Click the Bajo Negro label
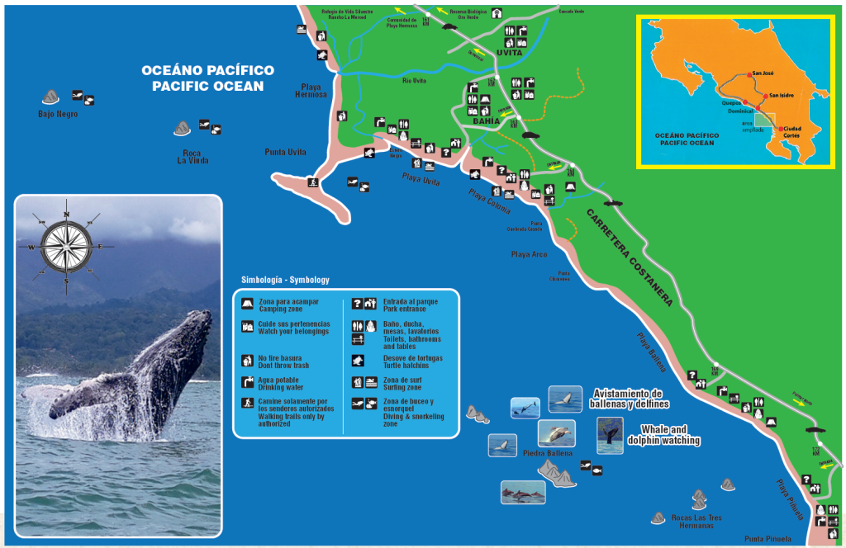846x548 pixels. click(58, 114)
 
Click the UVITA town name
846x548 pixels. click(509, 53)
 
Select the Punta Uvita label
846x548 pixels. click(286, 152)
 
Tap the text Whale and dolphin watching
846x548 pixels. click(670, 435)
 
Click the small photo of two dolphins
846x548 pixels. click(522, 493)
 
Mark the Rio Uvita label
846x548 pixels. click(414, 80)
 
